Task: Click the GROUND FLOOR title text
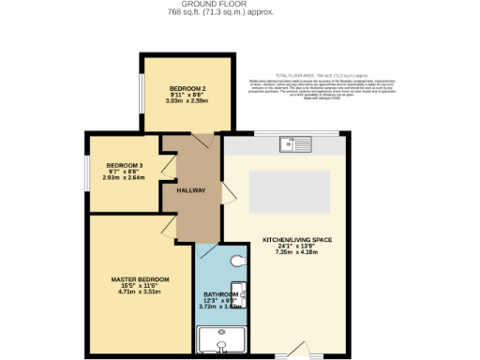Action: pyautogui.click(x=239, y=5)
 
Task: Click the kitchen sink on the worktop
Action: pyautogui.click(x=295, y=144)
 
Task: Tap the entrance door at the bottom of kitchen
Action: pyautogui.click(x=300, y=350)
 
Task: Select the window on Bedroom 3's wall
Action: pyautogui.click(x=87, y=172)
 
